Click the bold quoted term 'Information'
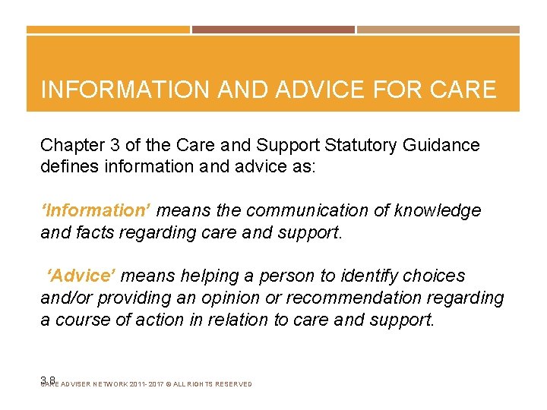point(96,210)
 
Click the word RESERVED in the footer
point(228,384)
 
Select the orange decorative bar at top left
point(108,30)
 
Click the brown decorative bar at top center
point(273,30)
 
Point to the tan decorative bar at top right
point(438,30)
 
